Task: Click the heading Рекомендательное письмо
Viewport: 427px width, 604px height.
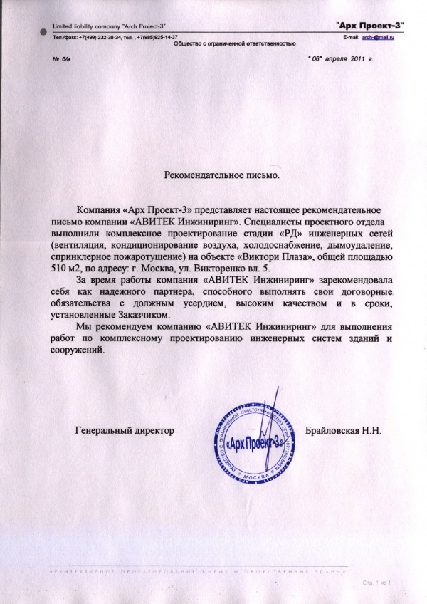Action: tap(222, 174)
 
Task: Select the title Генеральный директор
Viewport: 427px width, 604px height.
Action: tap(124, 430)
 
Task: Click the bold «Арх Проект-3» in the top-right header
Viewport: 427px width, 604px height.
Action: tap(370, 26)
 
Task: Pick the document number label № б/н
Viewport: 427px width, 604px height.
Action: tap(62, 59)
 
